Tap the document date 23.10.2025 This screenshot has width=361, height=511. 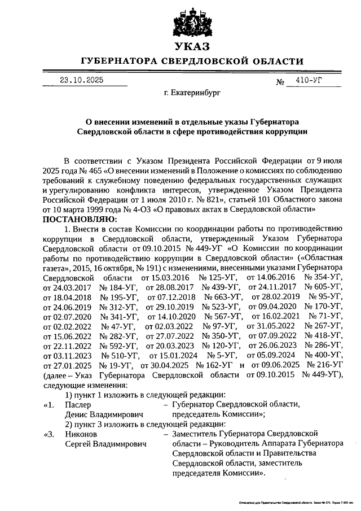pos(82,80)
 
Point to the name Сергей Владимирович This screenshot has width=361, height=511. pos(102,444)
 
